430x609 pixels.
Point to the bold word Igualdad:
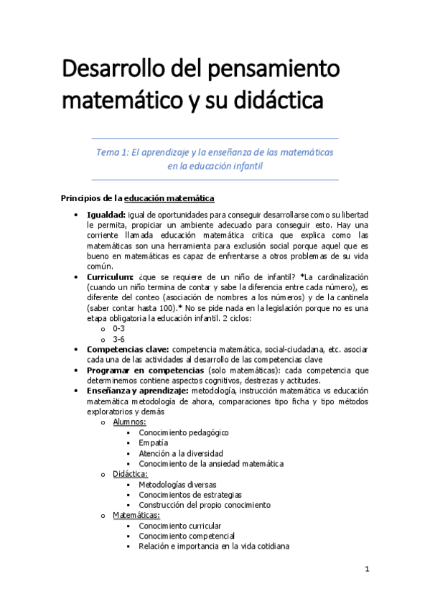[x=106, y=215]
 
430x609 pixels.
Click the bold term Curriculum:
[x=110, y=277]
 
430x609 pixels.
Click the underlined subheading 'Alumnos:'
[x=129, y=422]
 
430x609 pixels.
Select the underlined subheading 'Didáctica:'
[x=131, y=474]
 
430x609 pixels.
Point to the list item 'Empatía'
[x=154, y=443]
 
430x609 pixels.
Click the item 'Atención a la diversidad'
[x=181, y=454]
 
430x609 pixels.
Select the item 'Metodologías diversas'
[x=177, y=485]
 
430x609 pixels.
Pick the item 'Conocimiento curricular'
[x=180, y=526]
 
